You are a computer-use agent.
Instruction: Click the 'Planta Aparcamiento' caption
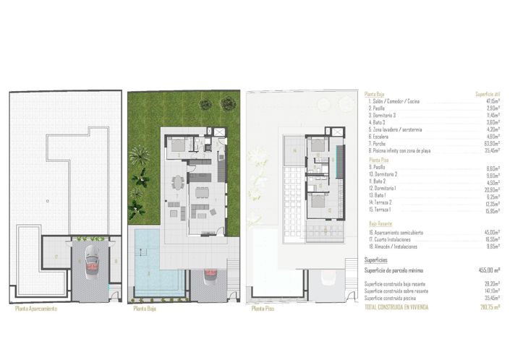[x=35, y=309]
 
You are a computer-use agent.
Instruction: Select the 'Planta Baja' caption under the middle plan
[x=145, y=309]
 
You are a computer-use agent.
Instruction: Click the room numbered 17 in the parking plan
[x=56, y=256]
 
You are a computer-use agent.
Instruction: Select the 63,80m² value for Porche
[x=493, y=143]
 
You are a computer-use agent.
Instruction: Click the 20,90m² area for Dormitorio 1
[x=493, y=189]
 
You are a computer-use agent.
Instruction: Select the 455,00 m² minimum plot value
[x=490, y=270]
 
